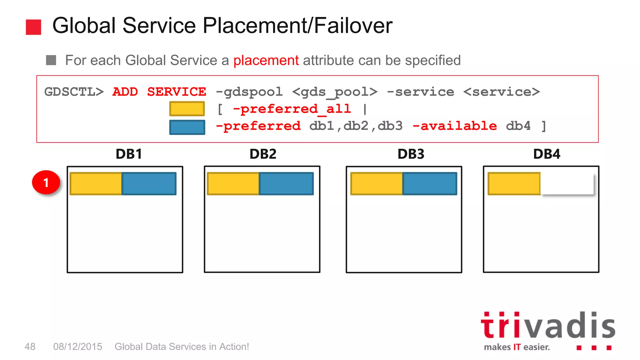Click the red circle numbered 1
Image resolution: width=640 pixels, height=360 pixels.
(x=46, y=182)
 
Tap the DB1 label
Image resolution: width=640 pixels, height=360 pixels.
(x=129, y=154)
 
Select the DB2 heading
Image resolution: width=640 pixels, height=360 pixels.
(x=263, y=154)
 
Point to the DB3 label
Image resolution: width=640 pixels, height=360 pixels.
(x=411, y=154)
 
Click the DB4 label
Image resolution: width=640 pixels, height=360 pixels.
(x=547, y=154)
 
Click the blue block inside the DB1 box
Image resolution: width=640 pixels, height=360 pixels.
(x=149, y=184)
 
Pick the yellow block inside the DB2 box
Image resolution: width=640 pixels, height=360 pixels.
(x=233, y=184)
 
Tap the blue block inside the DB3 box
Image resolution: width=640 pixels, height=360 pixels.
(x=430, y=184)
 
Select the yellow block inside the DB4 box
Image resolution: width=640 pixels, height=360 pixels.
(x=514, y=184)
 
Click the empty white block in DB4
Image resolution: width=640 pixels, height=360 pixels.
(x=567, y=184)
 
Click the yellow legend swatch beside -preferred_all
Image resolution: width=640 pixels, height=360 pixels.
(x=187, y=109)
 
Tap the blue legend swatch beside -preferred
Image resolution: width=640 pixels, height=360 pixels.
(x=187, y=127)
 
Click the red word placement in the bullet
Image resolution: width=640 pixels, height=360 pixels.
(x=266, y=60)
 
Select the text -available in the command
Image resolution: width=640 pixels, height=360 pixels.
(x=455, y=126)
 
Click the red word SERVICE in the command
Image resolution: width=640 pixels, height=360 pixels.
(x=177, y=92)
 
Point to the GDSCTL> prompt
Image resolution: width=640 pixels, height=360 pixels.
(x=74, y=92)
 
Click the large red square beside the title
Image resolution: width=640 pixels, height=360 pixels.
(x=33, y=27)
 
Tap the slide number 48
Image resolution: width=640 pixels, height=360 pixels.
(x=30, y=347)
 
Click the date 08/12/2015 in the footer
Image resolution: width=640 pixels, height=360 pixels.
(x=77, y=347)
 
